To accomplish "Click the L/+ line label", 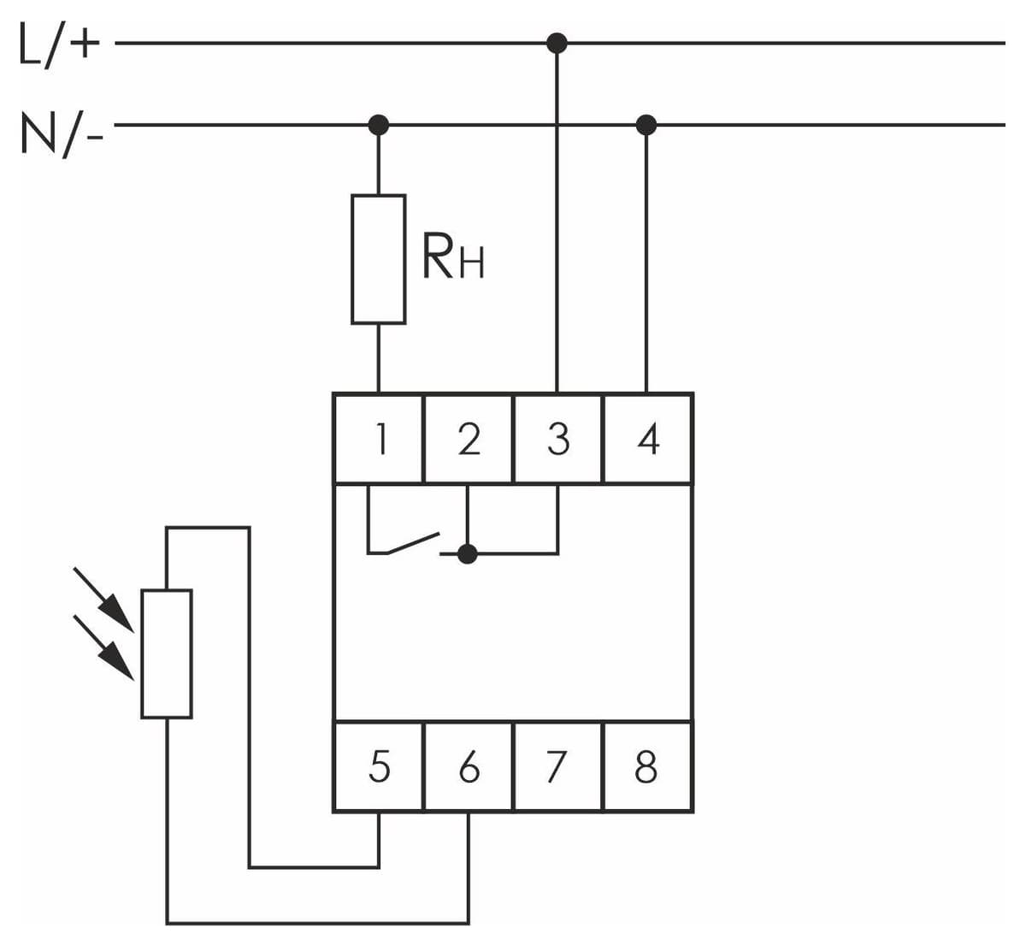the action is tap(59, 45).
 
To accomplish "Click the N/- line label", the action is tap(62, 134).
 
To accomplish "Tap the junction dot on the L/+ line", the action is tap(557, 43).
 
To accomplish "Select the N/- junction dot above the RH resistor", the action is tap(379, 125).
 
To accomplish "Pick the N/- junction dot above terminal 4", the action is tap(646, 125).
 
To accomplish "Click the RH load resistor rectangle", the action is tap(379, 259).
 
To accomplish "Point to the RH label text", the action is tap(452, 256).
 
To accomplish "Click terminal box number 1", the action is tap(379, 438).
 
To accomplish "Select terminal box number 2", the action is tap(468, 438).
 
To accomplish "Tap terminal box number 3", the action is tap(558, 438).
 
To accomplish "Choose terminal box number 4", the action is tap(648, 438).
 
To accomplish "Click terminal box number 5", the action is tap(379, 766).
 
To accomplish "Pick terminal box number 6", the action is tap(468, 766).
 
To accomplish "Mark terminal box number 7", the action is tap(558, 766).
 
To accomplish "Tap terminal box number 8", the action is tap(648, 766).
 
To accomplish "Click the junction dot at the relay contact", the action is tap(468, 554).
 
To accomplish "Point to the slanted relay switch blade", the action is tap(413, 544).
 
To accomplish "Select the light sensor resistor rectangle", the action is tap(167, 654).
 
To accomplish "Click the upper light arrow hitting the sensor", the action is tap(103, 600).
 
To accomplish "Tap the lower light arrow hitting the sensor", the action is tap(103, 647).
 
